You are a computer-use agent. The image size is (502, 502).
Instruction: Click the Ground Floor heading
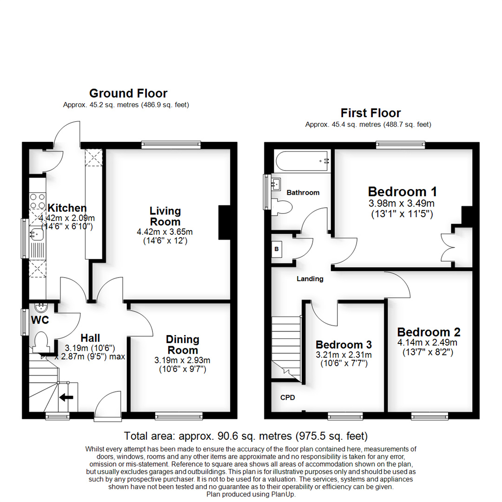pos(128,93)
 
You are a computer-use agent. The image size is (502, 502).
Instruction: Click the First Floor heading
pos(370,112)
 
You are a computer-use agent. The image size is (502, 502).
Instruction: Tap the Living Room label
pos(165,217)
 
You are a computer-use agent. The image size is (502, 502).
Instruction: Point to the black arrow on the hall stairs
pos(66,397)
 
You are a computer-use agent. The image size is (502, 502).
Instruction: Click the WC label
pos(40,320)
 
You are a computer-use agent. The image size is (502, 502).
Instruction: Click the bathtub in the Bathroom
pos(303,161)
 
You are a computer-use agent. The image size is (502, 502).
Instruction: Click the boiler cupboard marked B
pos(277,249)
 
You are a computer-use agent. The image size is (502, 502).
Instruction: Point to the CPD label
pos(287,398)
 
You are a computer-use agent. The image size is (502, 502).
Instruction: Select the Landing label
pos(310,279)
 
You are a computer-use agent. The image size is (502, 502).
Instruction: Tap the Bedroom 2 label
pos(429,332)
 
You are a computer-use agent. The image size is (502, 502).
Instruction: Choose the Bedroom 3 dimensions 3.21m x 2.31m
pos(343,355)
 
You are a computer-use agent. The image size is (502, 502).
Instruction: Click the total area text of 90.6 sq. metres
pos(246,436)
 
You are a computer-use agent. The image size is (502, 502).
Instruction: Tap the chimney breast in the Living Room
pos(224,223)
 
